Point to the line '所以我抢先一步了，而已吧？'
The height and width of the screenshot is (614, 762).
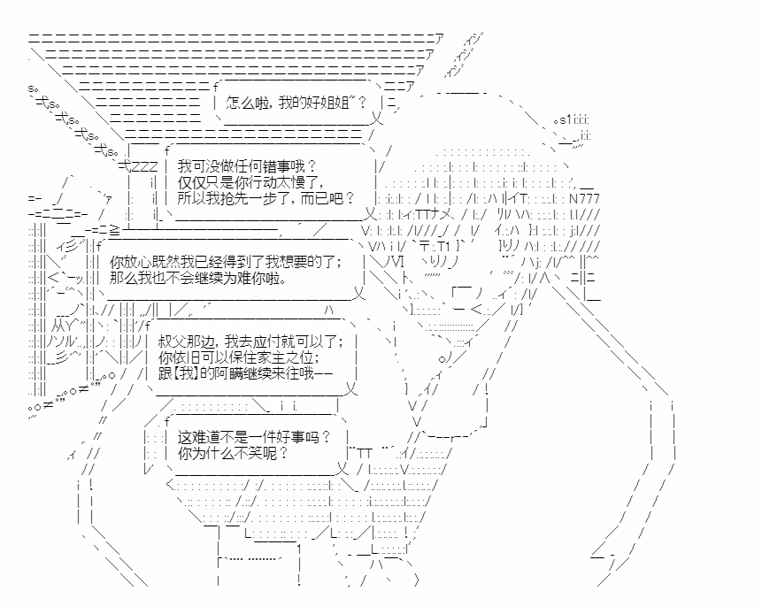coord(266,198)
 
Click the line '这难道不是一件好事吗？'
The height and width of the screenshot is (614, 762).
coord(254,436)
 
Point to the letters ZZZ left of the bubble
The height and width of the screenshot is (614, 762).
coord(143,165)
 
